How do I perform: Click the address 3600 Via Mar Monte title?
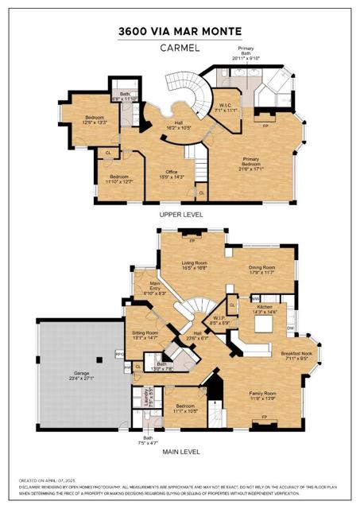180,31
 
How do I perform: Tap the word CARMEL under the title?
180,47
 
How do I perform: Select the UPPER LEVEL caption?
180,215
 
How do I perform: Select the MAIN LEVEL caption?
180,452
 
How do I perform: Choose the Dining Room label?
261,270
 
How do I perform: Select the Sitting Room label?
145,335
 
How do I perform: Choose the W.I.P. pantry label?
219,321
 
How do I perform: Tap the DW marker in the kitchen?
291,328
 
